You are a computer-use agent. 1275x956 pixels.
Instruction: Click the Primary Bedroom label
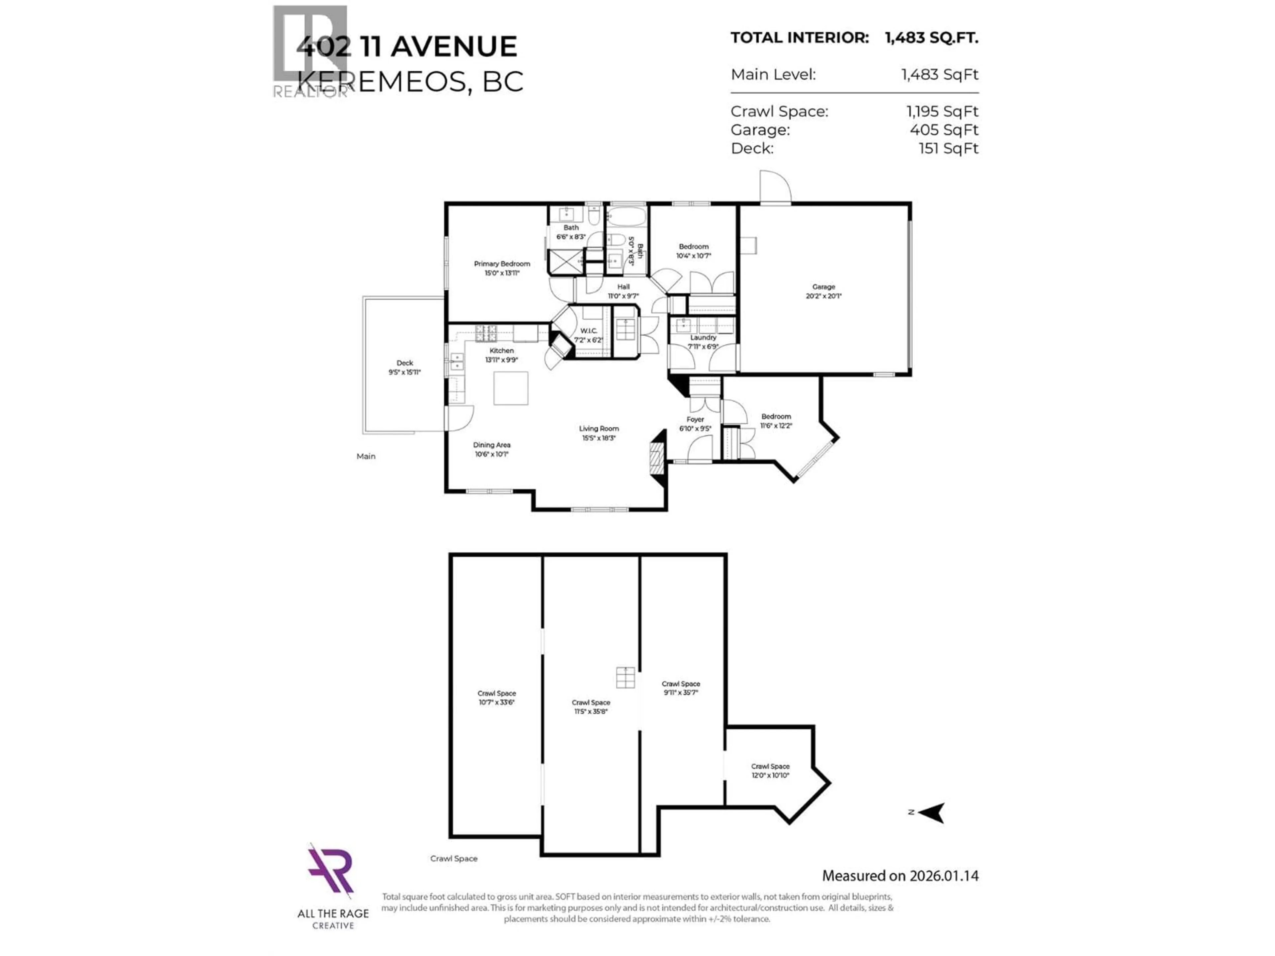[x=501, y=268]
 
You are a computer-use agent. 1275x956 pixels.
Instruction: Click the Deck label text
[x=405, y=367]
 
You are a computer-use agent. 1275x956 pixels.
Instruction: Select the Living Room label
[x=599, y=433]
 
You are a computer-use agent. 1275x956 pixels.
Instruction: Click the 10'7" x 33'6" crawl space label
[x=496, y=698]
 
